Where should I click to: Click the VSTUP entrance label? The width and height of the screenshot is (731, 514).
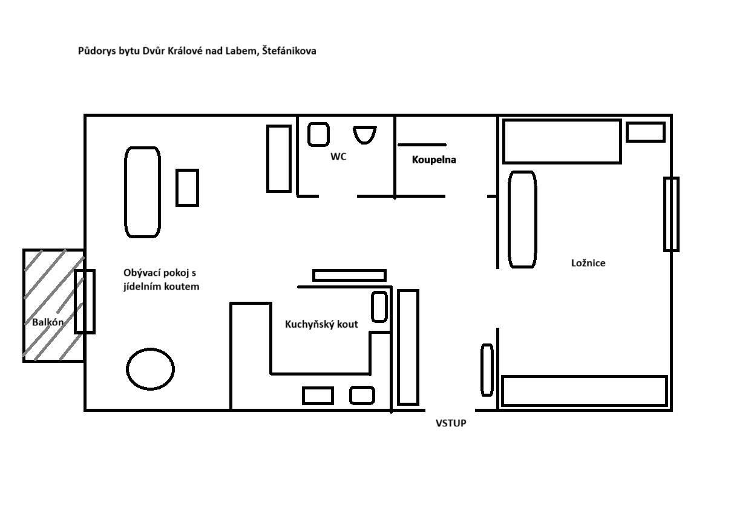click(451, 423)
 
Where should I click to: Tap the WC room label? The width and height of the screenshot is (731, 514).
click(338, 157)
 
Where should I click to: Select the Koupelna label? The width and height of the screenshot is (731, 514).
click(434, 160)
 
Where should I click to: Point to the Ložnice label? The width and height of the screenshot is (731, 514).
click(588, 263)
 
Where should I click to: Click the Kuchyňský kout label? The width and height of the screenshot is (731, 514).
click(321, 324)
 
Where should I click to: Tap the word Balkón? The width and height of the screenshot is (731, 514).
click(48, 322)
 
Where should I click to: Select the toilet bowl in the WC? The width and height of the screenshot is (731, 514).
click(364, 135)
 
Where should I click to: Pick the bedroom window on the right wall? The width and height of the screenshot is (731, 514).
click(671, 214)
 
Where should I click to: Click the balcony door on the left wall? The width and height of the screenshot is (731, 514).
click(85, 302)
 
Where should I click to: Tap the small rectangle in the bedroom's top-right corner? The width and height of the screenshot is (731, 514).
click(646, 132)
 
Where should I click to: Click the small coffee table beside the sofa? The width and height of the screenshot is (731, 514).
click(188, 187)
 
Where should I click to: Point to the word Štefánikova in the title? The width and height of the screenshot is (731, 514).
click(289, 51)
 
